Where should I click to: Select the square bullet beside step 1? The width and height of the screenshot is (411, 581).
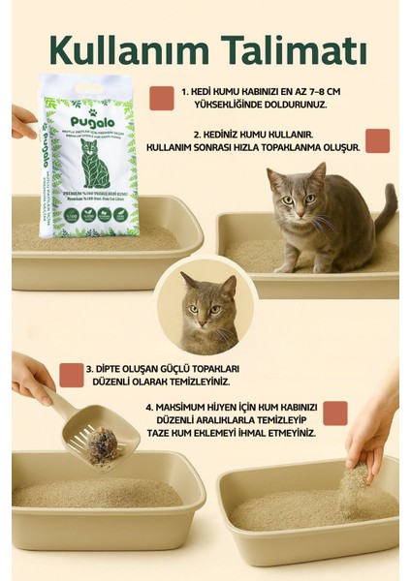coord(162,95)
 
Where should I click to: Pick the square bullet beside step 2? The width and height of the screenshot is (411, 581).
coord(377,140)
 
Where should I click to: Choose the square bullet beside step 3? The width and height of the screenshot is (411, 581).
coord(71,375)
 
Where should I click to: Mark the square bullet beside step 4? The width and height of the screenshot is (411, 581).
coord(335,413)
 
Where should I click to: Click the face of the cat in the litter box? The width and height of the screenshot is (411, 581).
coord(288,195)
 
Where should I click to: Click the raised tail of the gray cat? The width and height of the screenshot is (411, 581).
coord(387,205)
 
